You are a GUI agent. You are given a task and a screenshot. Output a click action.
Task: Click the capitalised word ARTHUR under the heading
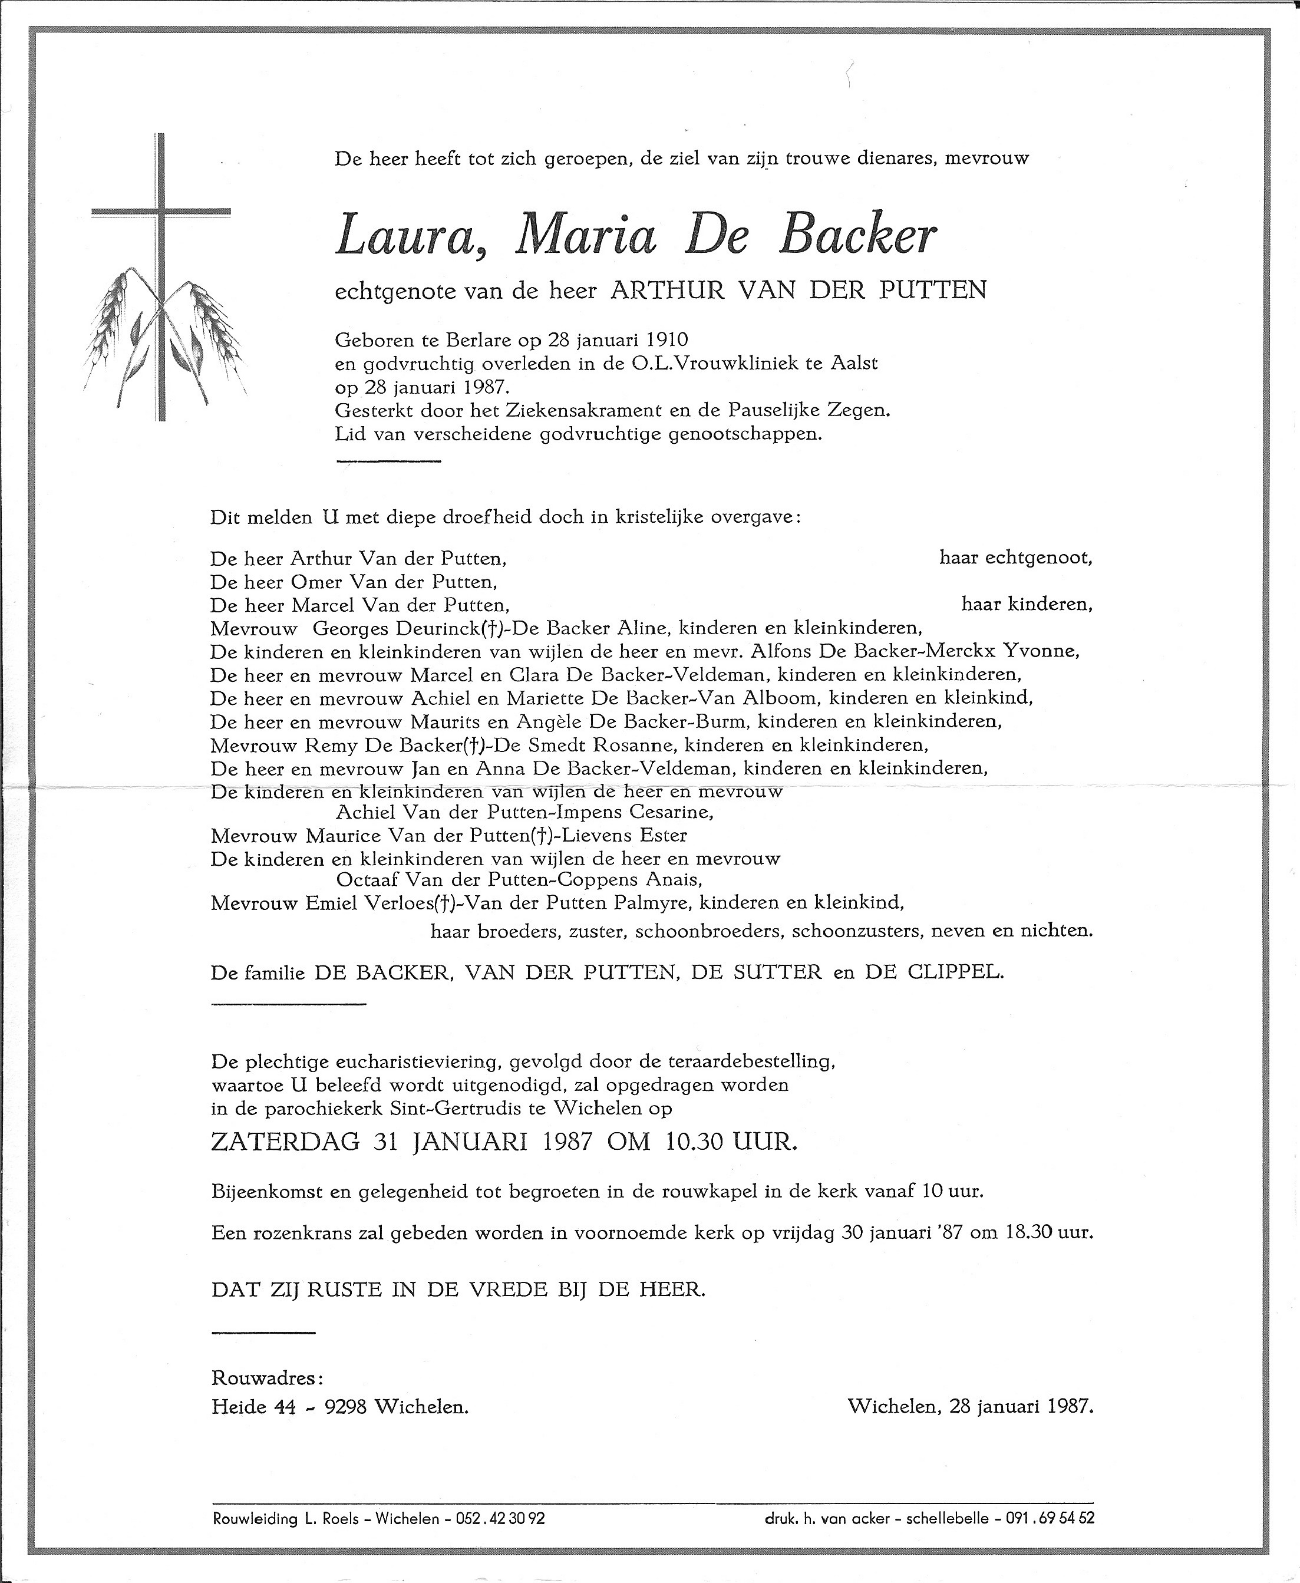pyautogui.click(x=656, y=290)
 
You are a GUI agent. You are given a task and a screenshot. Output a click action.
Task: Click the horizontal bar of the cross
pyautogui.click(x=160, y=213)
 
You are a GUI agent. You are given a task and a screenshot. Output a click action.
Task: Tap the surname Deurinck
pyautogui.click(x=391, y=628)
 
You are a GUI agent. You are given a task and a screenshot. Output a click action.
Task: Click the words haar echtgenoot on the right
pyautogui.click(x=1015, y=558)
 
